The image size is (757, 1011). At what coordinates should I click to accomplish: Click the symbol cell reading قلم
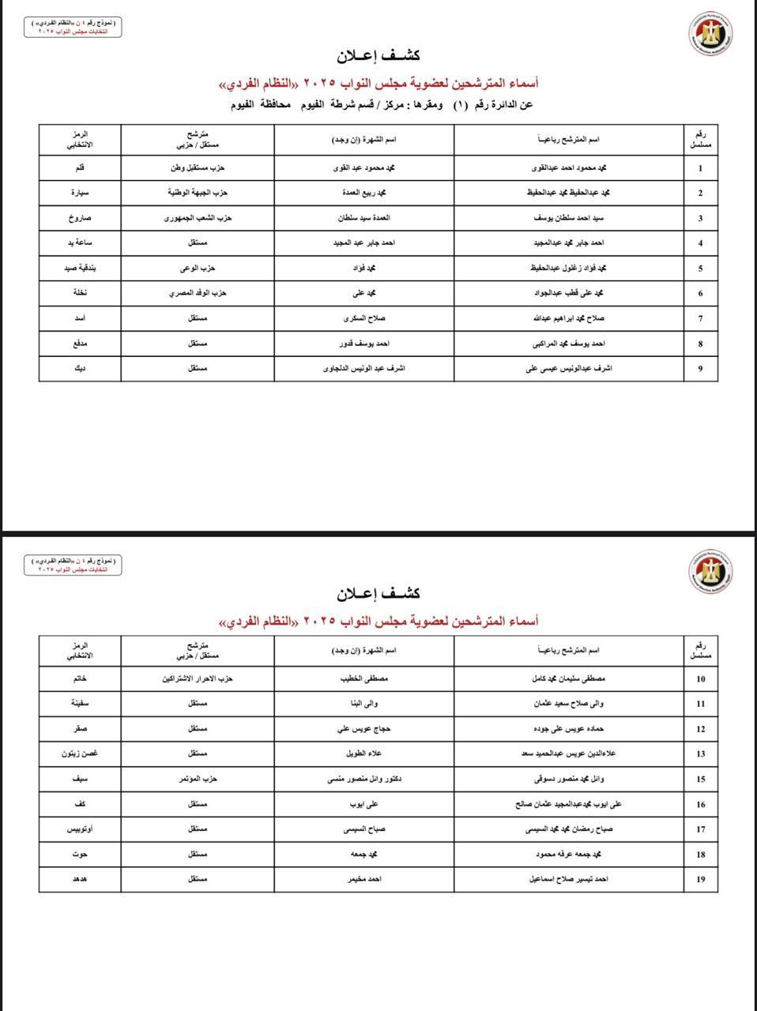click(x=80, y=168)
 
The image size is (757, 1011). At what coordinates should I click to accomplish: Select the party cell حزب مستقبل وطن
click(x=198, y=168)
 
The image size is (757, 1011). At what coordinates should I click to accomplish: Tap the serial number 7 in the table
click(x=700, y=319)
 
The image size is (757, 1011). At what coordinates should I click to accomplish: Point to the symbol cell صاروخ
click(x=80, y=218)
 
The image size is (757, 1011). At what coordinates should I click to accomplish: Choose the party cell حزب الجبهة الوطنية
click(x=198, y=193)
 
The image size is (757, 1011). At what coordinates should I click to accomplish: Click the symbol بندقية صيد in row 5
click(x=80, y=269)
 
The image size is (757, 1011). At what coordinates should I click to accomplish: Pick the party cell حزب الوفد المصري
click(x=198, y=293)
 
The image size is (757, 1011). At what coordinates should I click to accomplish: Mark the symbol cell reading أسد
click(x=80, y=318)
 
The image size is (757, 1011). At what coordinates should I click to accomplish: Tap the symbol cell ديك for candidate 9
click(x=80, y=368)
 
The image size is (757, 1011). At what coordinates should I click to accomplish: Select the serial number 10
click(x=700, y=679)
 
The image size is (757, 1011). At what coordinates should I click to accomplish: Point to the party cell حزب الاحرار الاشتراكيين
click(x=198, y=678)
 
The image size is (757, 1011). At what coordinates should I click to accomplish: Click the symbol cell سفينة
click(x=80, y=703)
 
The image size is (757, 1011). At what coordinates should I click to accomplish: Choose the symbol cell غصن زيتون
click(x=80, y=754)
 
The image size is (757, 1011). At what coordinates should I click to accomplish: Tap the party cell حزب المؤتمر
click(x=198, y=779)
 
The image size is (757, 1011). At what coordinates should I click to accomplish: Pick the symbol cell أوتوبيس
click(x=80, y=829)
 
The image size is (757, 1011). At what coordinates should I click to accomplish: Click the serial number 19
click(x=700, y=880)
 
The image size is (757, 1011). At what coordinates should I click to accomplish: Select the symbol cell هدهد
click(x=80, y=879)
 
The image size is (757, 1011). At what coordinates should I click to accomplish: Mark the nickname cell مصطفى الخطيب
click(x=363, y=678)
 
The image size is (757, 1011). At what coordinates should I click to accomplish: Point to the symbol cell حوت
click(x=80, y=854)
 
